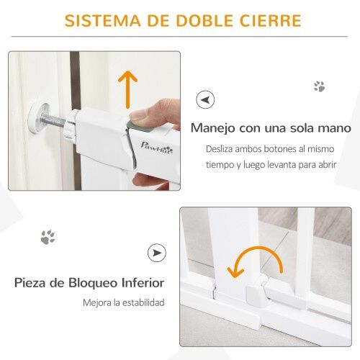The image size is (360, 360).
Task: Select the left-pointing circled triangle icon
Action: [x=204, y=100]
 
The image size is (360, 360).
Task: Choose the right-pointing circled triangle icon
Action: [x=156, y=253]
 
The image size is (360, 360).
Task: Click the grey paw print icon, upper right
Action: [x=319, y=86]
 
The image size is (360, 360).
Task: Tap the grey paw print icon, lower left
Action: [x=48, y=236]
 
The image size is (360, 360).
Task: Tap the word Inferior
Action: [x=143, y=282]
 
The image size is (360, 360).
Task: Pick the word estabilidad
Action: [x=141, y=302]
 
